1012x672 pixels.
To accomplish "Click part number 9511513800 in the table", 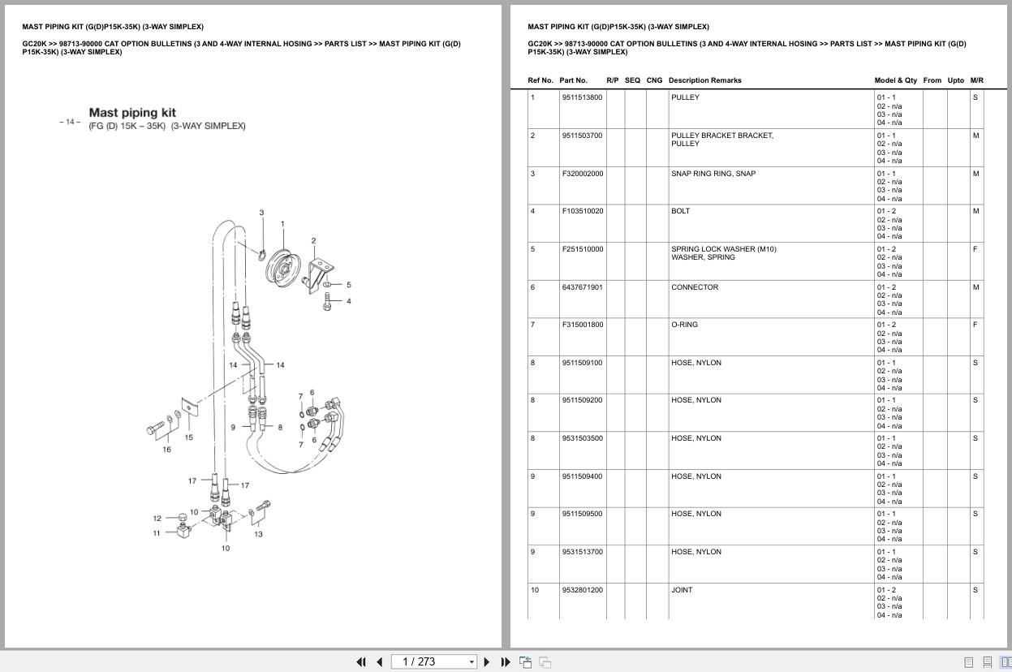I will (582, 97).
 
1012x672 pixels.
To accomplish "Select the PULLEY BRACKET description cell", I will (721, 136).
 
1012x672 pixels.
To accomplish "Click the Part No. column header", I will (573, 80).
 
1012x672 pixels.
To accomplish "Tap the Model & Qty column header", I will (895, 80).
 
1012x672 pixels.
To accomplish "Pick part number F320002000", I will (582, 174).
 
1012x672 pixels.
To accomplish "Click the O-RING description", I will (684, 325).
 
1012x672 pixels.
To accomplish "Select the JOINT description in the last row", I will (682, 590).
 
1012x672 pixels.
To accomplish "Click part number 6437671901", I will (582, 287).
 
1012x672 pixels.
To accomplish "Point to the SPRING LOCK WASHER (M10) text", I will (723, 249).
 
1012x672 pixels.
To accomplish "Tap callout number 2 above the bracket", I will (313, 241).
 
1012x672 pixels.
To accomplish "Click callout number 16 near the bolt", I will (167, 449).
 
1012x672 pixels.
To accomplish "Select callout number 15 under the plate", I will (188, 437).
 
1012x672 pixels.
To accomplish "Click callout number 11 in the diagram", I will (157, 533).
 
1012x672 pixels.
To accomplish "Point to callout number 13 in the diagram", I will (258, 534).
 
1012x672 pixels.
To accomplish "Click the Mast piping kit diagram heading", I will (132, 113).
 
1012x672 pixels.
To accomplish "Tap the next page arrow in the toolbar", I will (487, 661).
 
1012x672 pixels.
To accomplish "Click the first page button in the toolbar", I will (361, 661).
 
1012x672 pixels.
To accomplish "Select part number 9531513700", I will (582, 552).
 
